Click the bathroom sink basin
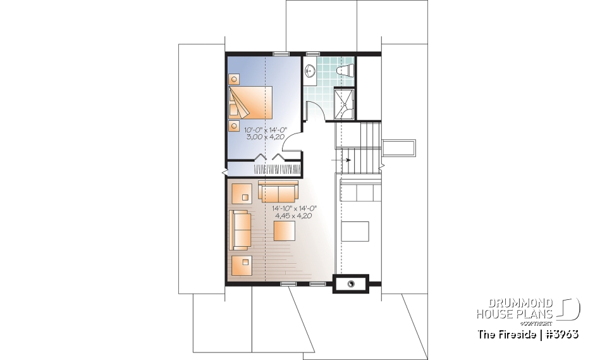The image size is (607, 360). tap(311, 70)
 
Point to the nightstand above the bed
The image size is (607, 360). tap(235, 80)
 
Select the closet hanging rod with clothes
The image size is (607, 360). tap(276, 169)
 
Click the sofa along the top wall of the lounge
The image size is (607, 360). tap(278, 191)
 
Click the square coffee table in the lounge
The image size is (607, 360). tap(285, 230)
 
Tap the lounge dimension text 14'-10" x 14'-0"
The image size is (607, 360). tap(294, 208)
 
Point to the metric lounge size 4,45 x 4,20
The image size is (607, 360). tap(294, 216)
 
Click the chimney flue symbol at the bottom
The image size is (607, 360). tap(350, 284)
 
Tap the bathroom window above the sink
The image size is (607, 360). tap(313, 53)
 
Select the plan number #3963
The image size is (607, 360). tap(560, 333)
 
